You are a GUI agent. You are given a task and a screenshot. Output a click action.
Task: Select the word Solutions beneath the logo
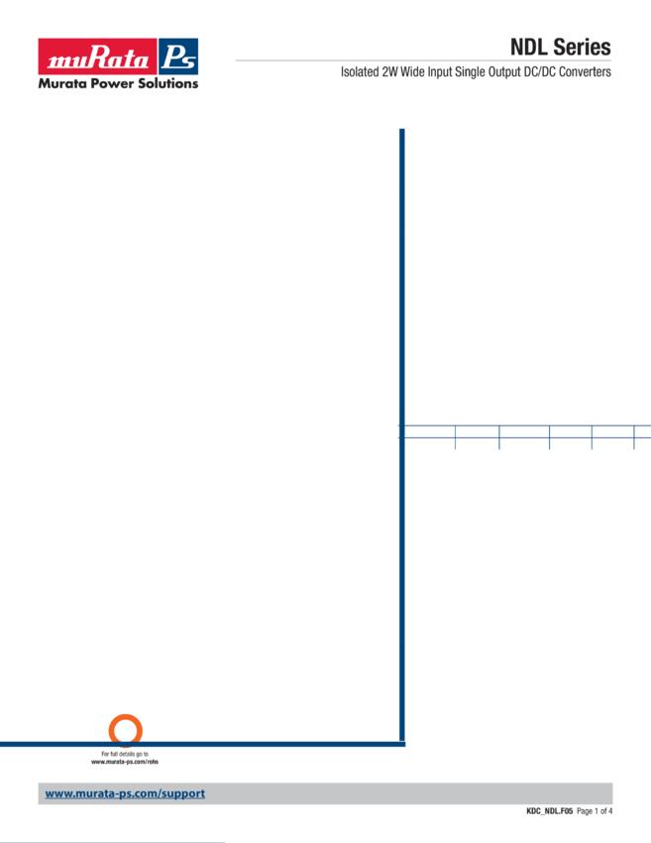pos(169,83)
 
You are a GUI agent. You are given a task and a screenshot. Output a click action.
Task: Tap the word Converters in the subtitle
pos(590,72)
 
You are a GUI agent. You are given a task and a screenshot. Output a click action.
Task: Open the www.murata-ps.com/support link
pos(125,793)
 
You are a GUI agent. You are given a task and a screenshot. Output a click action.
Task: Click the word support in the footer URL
pos(183,793)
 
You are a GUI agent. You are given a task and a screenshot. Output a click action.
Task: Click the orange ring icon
pos(126,730)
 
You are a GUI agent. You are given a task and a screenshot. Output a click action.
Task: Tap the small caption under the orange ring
pos(126,759)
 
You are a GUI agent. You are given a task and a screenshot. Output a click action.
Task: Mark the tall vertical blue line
pos(400,298)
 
